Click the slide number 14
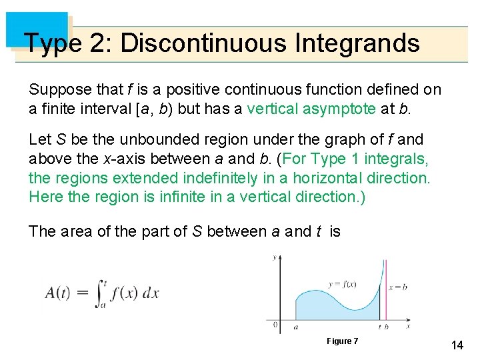(457, 345)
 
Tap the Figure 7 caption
(342, 341)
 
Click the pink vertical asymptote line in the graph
(386, 293)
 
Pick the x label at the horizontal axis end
(408, 327)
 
